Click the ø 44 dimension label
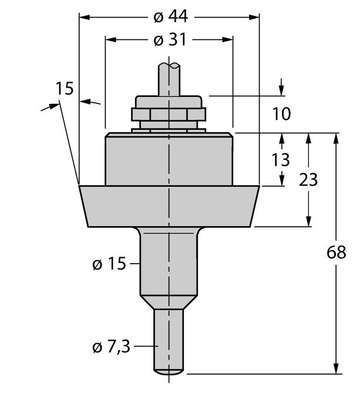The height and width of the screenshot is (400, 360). (x=169, y=17)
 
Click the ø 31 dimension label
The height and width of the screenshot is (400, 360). (x=169, y=40)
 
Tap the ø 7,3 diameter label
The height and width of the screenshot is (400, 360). (x=111, y=347)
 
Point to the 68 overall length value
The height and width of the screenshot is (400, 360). (x=336, y=253)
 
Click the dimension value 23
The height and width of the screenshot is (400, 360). (x=308, y=180)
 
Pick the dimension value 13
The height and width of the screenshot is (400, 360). (x=282, y=159)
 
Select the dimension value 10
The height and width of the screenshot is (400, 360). (x=282, y=113)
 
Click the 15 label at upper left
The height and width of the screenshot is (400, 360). (x=65, y=89)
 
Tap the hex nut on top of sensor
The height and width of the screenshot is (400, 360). (x=169, y=114)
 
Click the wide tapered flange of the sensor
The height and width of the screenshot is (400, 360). (x=169, y=206)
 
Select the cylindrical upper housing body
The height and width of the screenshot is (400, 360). (x=169, y=159)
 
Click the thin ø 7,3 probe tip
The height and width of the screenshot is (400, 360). (x=169, y=341)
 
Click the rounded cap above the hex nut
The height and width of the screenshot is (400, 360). (x=169, y=100)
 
